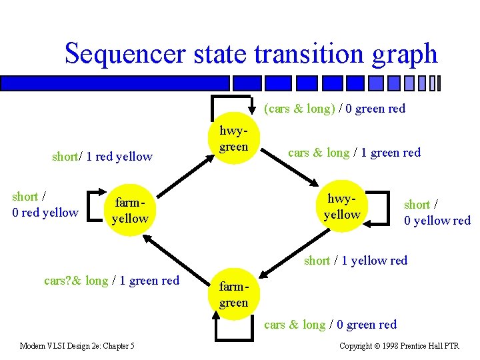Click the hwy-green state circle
[x=233, y=139]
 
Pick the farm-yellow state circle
[x=129, y=210]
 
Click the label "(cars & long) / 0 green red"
[x=335, y=108]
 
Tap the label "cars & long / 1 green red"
[x=354, y=153]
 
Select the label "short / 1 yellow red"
[x=355, y=260]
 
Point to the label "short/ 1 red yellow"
[x=102, y=157]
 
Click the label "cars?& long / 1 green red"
[x=111, y=281]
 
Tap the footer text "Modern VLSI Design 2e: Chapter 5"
[x=77, y=345]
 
